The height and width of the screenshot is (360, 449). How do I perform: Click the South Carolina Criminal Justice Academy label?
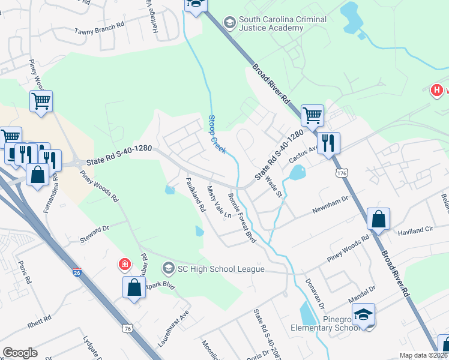click(x=283, y=24)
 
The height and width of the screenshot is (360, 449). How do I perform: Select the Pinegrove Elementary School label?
click(x=324, y=323)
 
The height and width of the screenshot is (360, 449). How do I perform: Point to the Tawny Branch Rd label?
click(x=99, y=31)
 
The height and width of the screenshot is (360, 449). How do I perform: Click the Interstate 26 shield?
click(x=77, y=272)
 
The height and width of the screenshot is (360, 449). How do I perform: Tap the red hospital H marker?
click(x=437, y=91)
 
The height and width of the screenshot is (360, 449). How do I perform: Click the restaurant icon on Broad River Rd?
click(x=328, y=143)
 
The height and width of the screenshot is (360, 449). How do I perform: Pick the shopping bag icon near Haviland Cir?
click(x=379, y=219)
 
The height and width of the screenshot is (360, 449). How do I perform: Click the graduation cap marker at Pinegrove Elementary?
click(x=363, y=314)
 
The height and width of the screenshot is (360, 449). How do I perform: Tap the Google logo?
click(x=20, y=353)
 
